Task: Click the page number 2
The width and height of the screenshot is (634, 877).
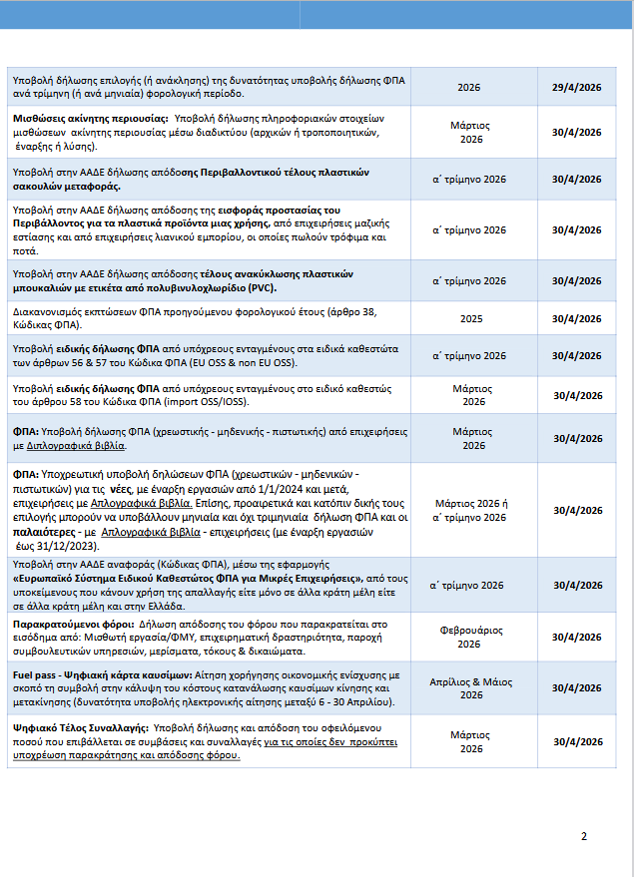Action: click(584, 836)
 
